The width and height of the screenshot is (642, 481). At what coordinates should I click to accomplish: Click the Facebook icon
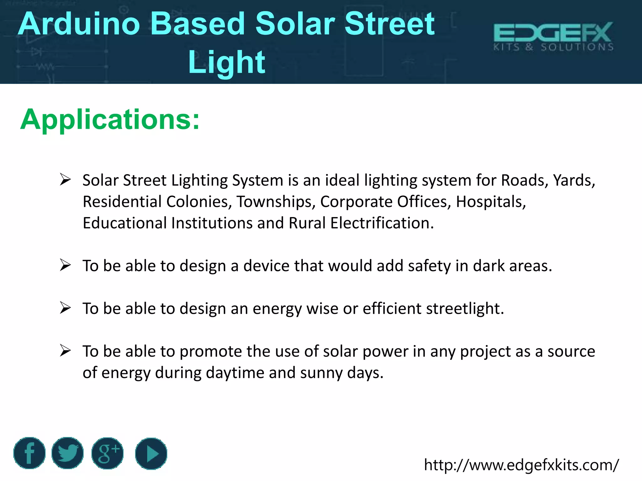(x=29, y=453)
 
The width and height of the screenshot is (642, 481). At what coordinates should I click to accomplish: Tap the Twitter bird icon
(x=67, y=453)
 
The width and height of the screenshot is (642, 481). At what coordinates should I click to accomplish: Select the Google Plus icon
(x=108, y=453)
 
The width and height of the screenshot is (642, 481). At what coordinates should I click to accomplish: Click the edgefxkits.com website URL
(x=521, y=465)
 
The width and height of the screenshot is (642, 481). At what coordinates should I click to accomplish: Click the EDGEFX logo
(x=553, y=36)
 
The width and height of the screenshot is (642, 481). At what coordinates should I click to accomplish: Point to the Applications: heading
(x=110, y=119)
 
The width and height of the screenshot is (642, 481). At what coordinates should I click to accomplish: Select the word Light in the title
(x=226, y=62)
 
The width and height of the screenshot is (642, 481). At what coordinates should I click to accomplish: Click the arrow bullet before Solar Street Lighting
(x=66, y=180)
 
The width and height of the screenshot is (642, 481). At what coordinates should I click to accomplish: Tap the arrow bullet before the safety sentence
(x=66, y=265)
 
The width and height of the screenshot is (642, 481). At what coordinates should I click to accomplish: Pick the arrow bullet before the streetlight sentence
(x=66, y=308)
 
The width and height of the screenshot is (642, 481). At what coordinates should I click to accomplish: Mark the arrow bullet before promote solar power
(x=66, y=351)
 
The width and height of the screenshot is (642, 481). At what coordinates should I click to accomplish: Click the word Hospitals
(x=491, y=202)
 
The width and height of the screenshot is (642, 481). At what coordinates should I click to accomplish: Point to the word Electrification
(x=382, y=223)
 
